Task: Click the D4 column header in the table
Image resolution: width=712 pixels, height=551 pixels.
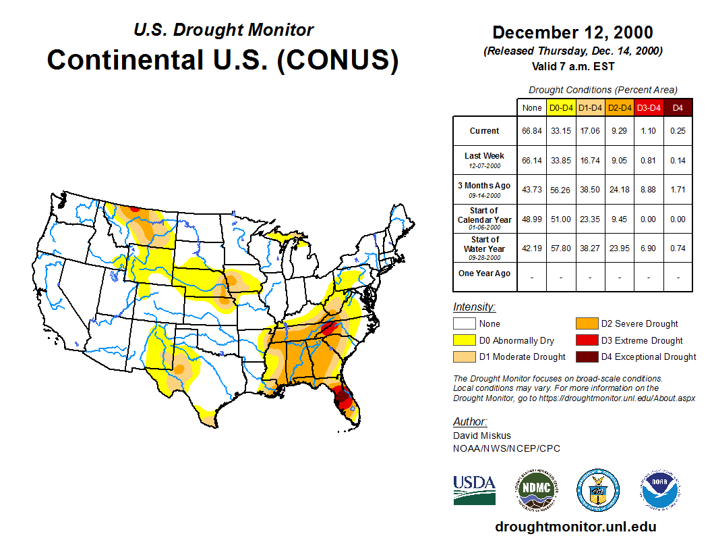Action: click(x=678, y=108)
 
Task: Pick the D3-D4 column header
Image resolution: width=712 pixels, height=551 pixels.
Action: click(x=649, y=108)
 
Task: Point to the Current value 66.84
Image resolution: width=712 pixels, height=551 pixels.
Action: click(x=531, y=131)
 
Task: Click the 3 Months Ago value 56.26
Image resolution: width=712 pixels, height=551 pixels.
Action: click(x=561, y=190)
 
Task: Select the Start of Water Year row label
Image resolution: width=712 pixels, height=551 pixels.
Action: click(x=485, y=248)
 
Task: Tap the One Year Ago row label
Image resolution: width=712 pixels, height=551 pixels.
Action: click(x=485, y=273)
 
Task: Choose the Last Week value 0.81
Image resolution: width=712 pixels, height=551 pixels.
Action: click(x=649, y=160)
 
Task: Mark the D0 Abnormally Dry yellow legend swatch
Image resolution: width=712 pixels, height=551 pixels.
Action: click(x=463, y=340)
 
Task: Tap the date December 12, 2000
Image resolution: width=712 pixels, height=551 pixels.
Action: click(x=572, y=32)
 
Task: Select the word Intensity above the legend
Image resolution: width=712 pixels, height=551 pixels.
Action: click(x=474, y=307)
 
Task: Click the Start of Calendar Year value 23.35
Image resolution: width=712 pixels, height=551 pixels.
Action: click(x=590, y=219)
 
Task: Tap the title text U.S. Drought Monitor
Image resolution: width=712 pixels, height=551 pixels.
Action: click(x=223, y=30)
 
